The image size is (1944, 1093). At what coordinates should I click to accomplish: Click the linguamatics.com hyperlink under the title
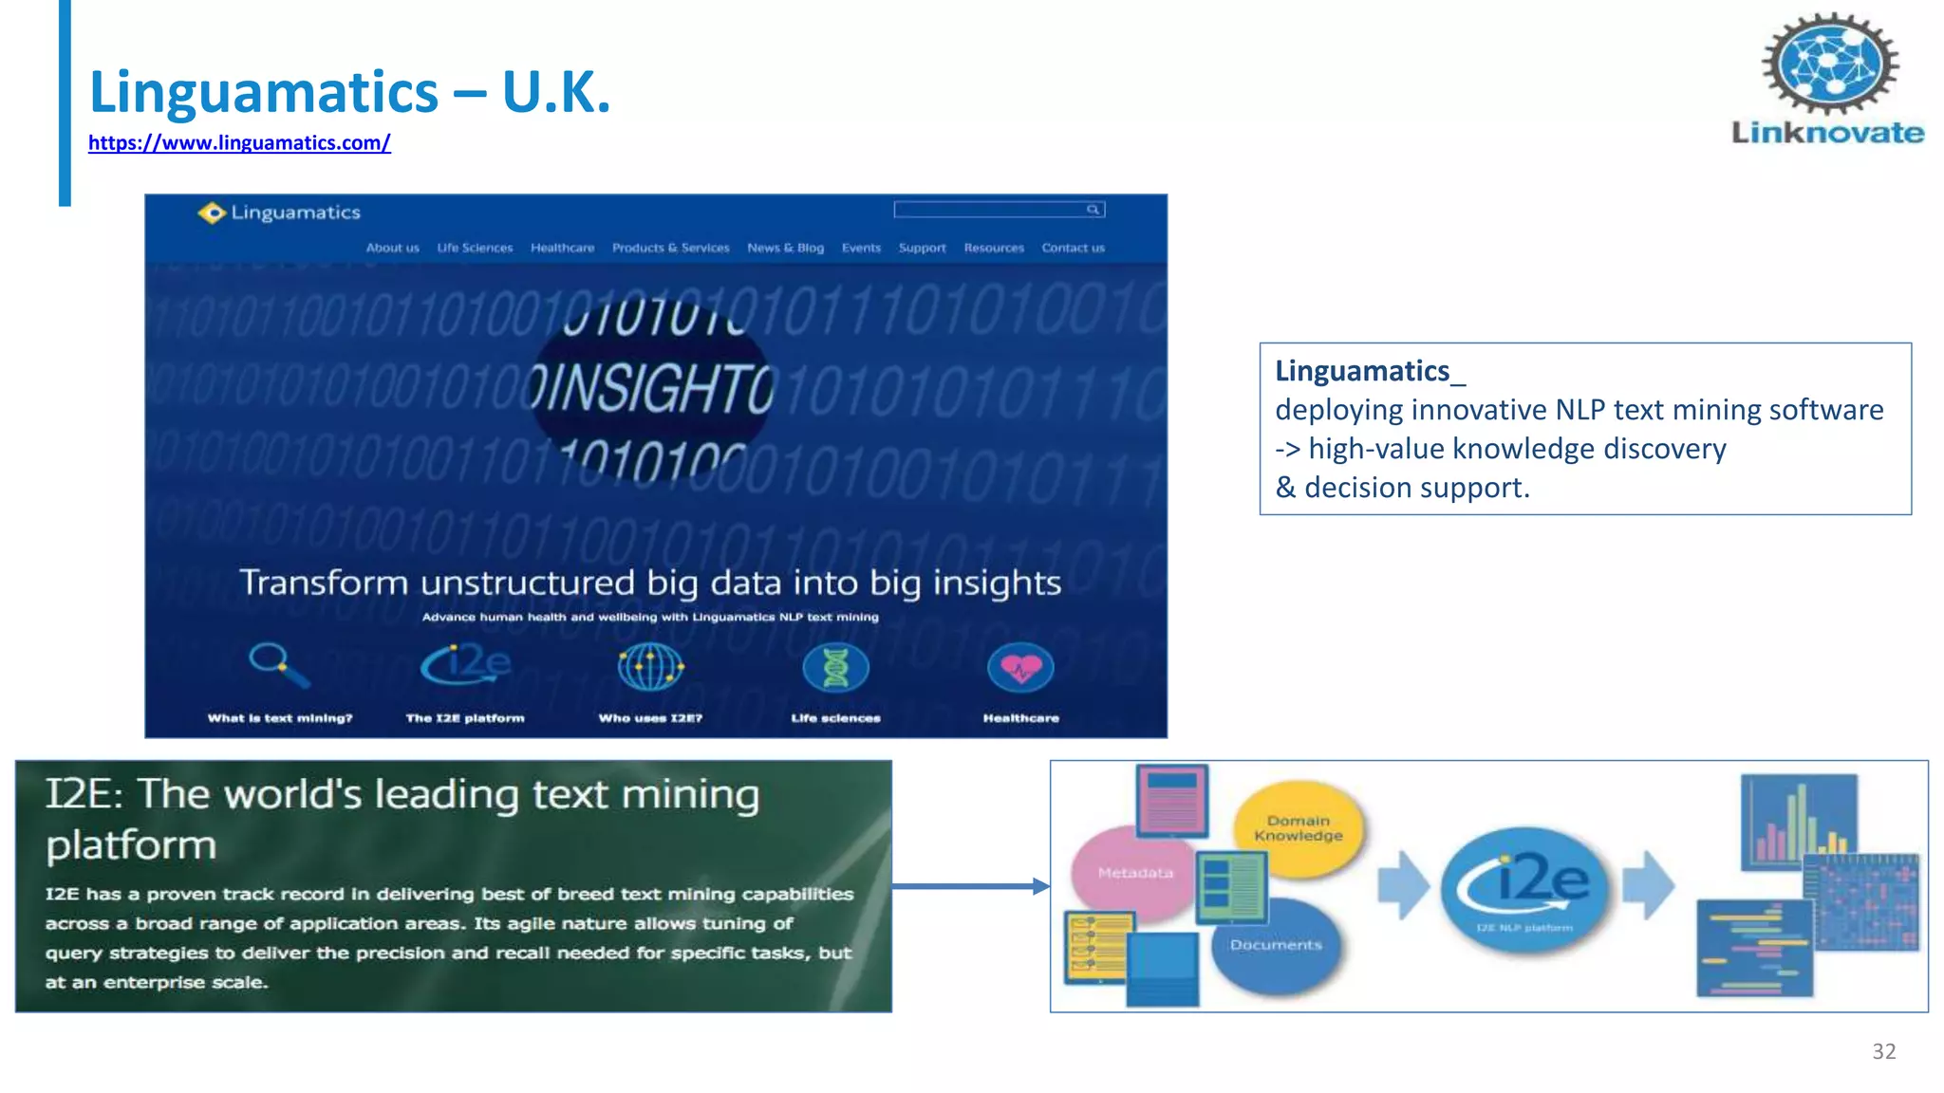tap(239, 143)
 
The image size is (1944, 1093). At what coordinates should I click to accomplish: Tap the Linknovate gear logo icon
tap(1830, 64)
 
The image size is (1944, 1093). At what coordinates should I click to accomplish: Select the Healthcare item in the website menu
tap(562, 248)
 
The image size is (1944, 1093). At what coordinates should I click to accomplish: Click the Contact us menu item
tap(1073, 248)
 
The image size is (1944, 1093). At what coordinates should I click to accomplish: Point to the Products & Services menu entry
tap(670, 248)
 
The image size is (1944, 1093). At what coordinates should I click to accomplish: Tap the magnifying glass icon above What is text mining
tap(278, 664)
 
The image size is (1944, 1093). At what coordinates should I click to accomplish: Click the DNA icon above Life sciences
tap(835, 668)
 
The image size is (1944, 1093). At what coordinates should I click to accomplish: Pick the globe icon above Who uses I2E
tap(650, 667)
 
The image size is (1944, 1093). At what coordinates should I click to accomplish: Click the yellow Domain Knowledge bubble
tap(1299, 827)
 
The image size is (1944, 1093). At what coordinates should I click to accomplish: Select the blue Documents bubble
tap(1277, 945)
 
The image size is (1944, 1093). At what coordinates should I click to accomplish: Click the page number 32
tap(1883, 1051)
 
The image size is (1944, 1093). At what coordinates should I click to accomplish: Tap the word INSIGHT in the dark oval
tap(652, 387)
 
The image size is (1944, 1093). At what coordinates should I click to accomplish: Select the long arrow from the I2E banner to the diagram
tap(968, 886)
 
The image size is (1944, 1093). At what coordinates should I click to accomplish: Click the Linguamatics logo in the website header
tap(279, 213)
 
